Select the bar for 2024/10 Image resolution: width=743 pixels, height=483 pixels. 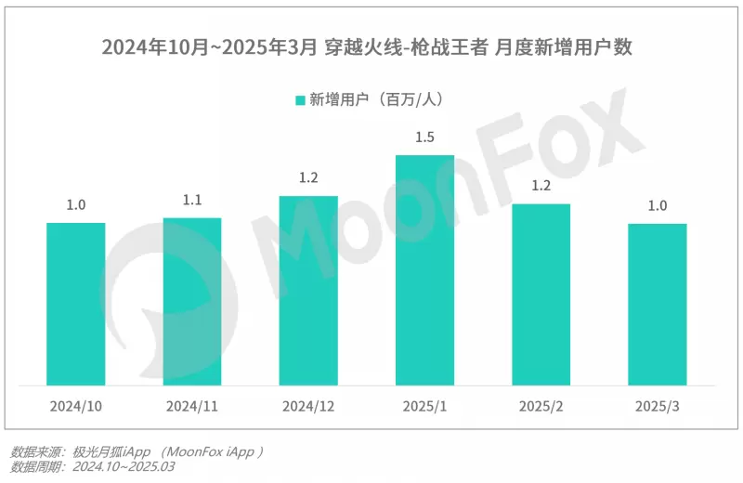[x=75, y=304]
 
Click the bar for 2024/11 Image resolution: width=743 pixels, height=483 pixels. [x=192, y=301]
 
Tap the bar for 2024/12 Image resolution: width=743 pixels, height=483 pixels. [x=308, y=290]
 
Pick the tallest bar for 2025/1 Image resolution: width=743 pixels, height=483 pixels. [x=424, y=269]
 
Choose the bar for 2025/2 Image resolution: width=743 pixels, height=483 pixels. [x=541, y=294]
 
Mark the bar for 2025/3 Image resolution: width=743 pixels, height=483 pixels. [x=658, y=304]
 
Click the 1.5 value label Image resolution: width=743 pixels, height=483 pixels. [x=424, y=137]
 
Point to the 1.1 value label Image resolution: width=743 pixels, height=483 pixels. [x=192, y=200]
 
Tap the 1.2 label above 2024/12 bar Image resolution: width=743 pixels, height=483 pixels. [x=308, y=178]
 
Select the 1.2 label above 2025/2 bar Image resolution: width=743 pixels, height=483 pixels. [x=541, y=186]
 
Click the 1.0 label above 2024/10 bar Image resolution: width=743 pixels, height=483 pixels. [x=75, y=205]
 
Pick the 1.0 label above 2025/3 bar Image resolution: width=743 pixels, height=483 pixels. [x=658, y=206]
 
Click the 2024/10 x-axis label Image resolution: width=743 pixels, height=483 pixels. [x=75, y=407]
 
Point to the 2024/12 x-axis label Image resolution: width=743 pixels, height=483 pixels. [x=308, y=407]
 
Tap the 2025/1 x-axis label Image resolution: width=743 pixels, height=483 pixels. [x=424, y=407]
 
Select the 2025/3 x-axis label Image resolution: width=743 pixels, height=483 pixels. [x=658, y=407]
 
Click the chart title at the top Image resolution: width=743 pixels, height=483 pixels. [x=371, y=46]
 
